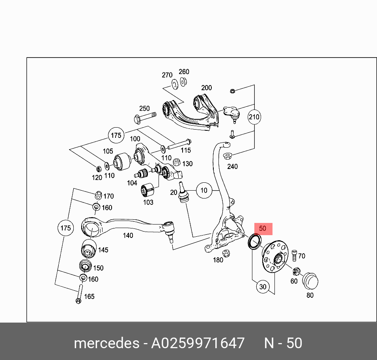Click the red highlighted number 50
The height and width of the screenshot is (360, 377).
pyautogui.click(x=263, y=228)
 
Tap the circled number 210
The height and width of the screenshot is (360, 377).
pyautogui.click(x=254, y=117)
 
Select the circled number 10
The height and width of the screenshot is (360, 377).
pyautogui.click(x=203, y=191)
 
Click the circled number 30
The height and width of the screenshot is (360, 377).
pyautogui.click(x=263, y=287)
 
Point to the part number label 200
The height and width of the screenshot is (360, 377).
pyautogui.click(x=206, y=88)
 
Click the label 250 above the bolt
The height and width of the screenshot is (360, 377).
pyautogui.click(x=144, y=108)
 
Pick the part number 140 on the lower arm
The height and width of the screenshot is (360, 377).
pyautogui.click(x=128, y=236)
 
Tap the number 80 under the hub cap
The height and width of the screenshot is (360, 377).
pyautogui.click(x=310, y=295)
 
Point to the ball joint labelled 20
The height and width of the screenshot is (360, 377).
pyautogui.click(x=183, y=193)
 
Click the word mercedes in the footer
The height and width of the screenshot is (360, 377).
pyautogui.click(x=106, y=343)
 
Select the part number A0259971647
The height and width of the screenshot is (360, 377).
pyautogui.click(x=198, y=343)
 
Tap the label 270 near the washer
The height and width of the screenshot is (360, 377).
pyautogui.click(x=167, y=75)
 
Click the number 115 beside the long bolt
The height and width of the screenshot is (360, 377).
pyautogui.click(x=185, y=150)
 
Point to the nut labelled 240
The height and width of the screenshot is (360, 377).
pyautogui.click(x=228, y=155)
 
